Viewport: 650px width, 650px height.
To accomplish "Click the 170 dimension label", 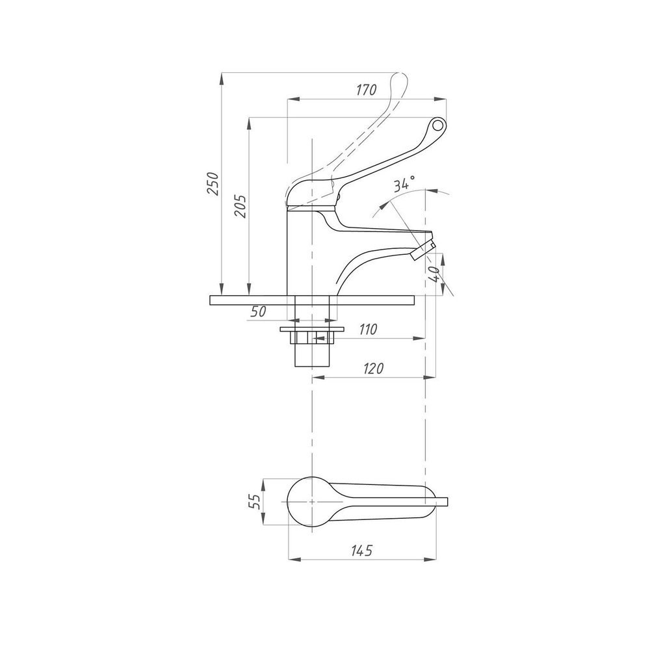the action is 367,90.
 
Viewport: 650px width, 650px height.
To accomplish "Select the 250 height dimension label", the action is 213,183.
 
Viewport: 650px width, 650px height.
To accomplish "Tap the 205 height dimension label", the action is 240,205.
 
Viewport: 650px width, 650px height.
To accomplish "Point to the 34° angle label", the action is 404,183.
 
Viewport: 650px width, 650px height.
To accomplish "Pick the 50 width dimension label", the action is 258,311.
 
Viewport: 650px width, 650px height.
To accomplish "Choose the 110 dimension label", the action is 368,329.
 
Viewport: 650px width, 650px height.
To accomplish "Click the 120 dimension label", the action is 374,368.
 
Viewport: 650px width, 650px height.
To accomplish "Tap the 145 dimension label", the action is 362,550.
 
